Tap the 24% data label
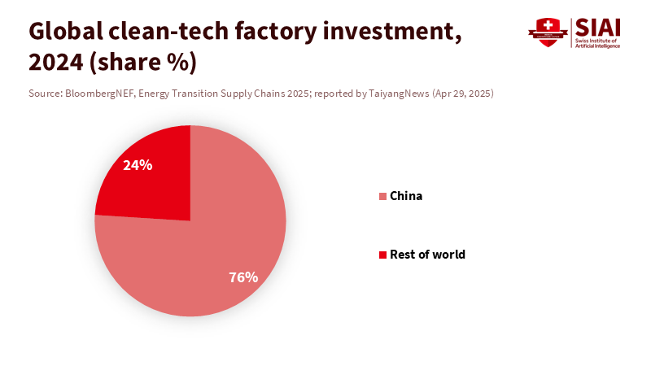[x=138, y=165]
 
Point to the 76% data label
[x=243, y=277]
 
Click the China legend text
[x=406, y=196]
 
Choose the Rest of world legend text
[x=427, y=255]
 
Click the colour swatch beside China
[x=382, y=197]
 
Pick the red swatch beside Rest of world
[x=382, y=255]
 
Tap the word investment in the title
[x=389, y=32]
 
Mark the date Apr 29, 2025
[x=461, y=94]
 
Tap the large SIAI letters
[x=597, y=27]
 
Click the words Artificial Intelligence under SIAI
[x=597, y=46]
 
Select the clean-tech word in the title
[x=164, y=32]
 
